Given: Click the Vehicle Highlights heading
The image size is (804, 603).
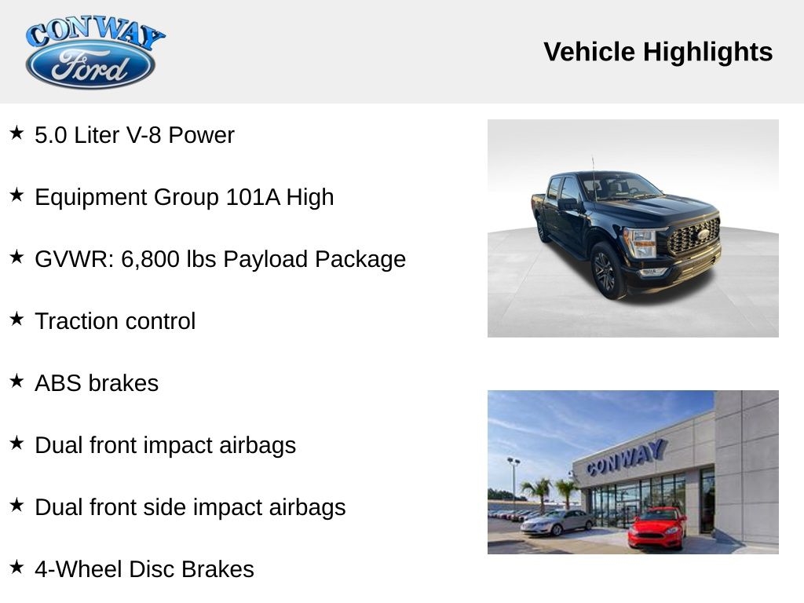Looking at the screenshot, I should [x=658, y=52].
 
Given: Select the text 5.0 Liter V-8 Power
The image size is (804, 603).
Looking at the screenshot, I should [x=134, y=135].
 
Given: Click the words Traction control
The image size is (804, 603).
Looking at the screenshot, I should [x=115, y=321].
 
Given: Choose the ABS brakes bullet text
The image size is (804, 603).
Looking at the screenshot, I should [x=97, y=383].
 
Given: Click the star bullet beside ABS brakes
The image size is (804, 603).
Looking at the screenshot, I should [x=16, y=382].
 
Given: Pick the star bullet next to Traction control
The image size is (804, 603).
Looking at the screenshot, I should [x=16, y=320].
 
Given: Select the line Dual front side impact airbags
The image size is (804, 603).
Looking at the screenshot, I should [x=190, y=507].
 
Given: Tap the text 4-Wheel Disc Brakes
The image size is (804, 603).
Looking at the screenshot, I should [x=144, y=569].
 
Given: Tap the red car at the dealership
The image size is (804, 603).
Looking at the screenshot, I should [x=657, y=528].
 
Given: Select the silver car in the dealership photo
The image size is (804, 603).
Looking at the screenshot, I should [x=557, y=521].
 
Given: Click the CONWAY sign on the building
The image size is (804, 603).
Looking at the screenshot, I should [x=626, y=457].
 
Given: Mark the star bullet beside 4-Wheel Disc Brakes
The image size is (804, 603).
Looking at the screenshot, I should [x=16, y=568].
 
